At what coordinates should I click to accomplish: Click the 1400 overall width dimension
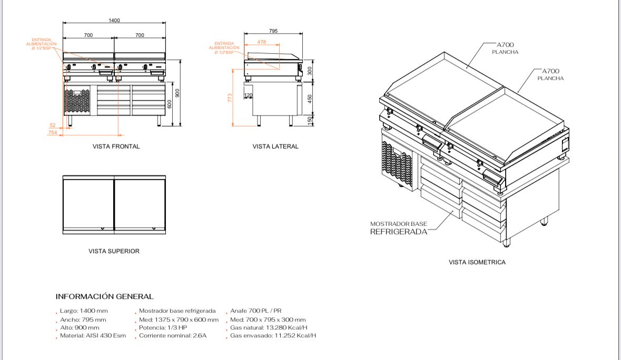point(114,20)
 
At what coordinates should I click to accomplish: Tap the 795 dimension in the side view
point(273,31)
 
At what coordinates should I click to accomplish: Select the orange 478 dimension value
point(261,42)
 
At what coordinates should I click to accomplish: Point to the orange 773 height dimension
point(230,98)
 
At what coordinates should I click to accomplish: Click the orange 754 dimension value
point(53,133)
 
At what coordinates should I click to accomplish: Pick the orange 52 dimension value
point(53,125)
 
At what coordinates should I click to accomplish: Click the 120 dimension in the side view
point(249,95)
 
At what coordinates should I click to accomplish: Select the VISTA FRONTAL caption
point(116,146)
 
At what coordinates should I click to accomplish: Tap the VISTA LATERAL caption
point(275,146)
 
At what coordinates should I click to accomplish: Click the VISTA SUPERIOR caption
point(114,251)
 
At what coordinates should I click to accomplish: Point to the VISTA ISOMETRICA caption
point(477,262)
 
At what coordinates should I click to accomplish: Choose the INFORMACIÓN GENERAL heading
point(104,297)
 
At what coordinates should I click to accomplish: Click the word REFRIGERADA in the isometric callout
point(399,232)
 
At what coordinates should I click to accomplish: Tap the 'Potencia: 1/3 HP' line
point(164,327)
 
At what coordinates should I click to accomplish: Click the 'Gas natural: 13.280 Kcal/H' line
point(269,327)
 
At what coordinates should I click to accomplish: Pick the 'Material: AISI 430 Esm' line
point(93,335)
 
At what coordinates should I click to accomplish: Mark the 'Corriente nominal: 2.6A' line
point(172,335)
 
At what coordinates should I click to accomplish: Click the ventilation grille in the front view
point(77,103)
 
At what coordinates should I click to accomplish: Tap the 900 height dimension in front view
point(178,93)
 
